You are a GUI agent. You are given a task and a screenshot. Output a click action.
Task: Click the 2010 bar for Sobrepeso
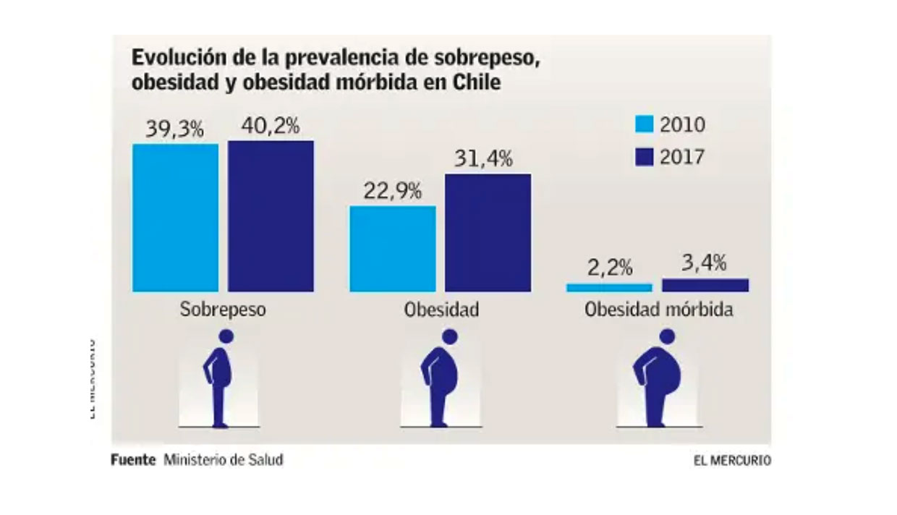click(175, 218)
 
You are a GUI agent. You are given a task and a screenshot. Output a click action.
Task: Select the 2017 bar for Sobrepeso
click(271, 216)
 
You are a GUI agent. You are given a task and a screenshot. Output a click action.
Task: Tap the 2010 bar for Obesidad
click(393, 249)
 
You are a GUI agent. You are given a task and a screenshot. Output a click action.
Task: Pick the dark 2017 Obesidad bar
click(488, 233)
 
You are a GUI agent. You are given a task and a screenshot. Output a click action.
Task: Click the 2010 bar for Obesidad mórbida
click(609, 288)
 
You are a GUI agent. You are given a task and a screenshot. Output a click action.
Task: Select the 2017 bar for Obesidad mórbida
click(705, 285)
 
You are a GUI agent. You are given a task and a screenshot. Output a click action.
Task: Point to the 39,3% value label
click(174, 129)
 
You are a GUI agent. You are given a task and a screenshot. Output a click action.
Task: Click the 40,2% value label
click(271, 126)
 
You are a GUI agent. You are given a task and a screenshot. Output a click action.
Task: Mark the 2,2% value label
click(609, 268)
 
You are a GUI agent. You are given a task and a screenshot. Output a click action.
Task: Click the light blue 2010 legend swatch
click(644, 124)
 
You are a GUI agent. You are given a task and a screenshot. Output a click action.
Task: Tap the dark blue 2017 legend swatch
click(644, 157)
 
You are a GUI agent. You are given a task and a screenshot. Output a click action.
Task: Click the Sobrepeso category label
click(223, 310)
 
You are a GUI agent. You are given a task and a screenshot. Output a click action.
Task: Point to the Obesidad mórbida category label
click(658, 310)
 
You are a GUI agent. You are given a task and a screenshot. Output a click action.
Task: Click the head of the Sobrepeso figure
click(227, 336)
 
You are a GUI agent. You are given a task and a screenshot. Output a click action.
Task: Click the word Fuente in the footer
click(133, 459)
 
